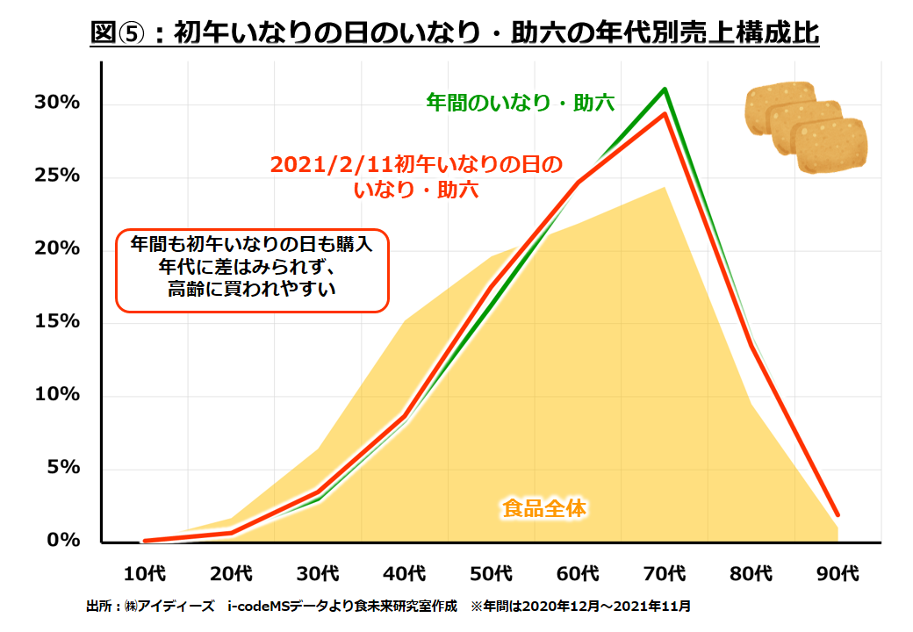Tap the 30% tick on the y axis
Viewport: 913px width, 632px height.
pyautogui.click(x=57, y=103)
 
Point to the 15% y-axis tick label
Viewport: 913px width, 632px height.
pyautogui.click(x=57, y=322)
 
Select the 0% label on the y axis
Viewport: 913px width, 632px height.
pyautogui.click(x=63, y=541)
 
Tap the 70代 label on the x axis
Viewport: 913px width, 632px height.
pyautogui.click(x=665, y=574)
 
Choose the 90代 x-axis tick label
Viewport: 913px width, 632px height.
pyautogui.click(x=838, y=574)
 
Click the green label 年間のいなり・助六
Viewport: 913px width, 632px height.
pyautogui.click(x=520, y=103)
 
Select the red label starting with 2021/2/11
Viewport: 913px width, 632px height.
pyautogui.click(x=415, y=176)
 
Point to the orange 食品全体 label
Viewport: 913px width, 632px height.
pyautogui.click(x=543, y=507)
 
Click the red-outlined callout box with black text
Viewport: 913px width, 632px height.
pyautogui.click(x=252, y=270)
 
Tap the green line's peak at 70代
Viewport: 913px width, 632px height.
pyautogui.click(x=665, y=89)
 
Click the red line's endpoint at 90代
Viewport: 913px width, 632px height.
pyautogui.click(x=838, y=514)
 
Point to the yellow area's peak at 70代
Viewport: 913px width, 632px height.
pyautogui.click(x=665, y=187)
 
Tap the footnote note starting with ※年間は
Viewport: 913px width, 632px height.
pyautogui.click(x=580, y=607)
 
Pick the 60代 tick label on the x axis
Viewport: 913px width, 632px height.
pyautogui.click(x=579, y=574)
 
